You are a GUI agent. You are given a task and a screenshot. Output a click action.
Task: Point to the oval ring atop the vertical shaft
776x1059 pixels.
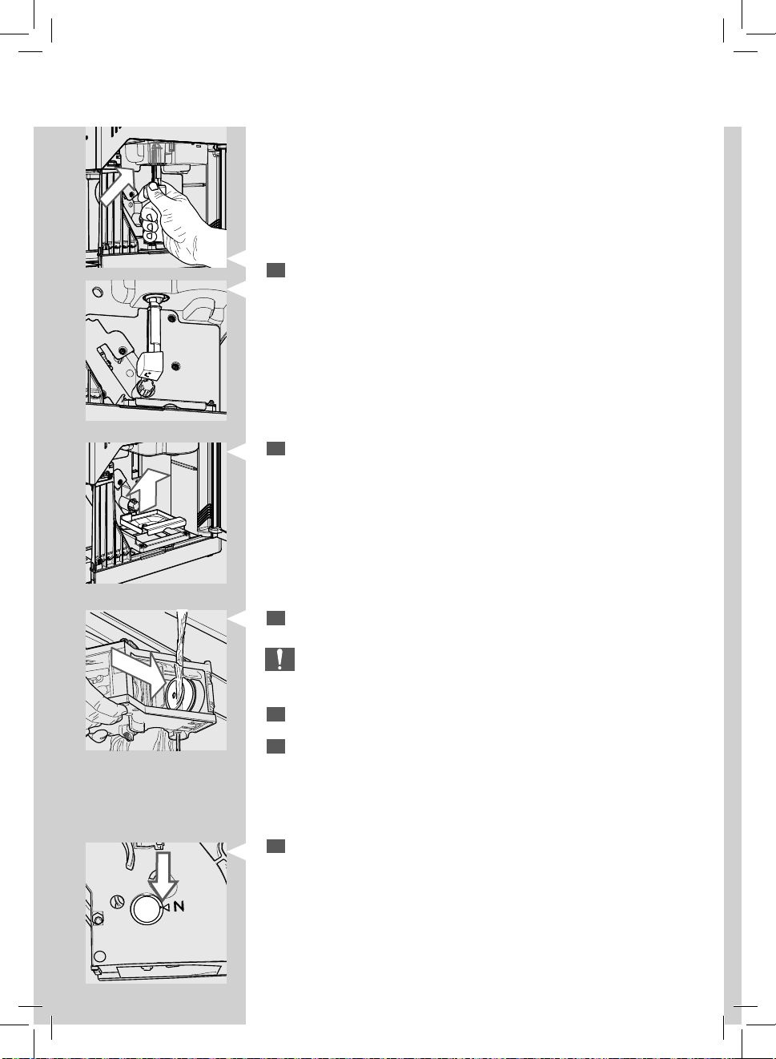point(155,299)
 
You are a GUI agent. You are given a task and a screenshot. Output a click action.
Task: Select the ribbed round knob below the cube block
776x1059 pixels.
point(145,389)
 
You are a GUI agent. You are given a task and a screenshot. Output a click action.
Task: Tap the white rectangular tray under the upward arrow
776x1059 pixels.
point(154,523)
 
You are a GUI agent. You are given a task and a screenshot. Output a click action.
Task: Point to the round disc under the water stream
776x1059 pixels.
point(183,693)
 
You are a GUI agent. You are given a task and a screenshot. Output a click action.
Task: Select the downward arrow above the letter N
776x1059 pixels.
point(163,876)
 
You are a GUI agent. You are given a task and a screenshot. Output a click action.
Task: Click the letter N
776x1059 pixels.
point(179,907)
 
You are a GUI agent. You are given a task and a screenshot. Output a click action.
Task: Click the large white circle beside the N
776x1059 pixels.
point(147,908)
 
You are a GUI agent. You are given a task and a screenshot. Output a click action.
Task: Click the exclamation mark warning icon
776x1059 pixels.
point(279,659)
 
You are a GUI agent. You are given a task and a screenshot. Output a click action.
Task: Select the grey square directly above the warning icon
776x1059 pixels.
point(275,618)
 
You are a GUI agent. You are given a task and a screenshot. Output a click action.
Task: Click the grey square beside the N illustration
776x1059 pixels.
point(275,846)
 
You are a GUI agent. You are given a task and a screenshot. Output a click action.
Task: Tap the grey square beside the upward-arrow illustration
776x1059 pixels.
point(275,448)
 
